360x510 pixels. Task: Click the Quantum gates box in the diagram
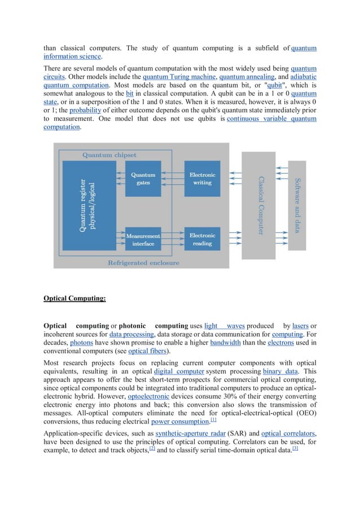(x=143, y=178)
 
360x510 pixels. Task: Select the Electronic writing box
(x=202, y=178)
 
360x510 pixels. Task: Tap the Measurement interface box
(x=143, y=239)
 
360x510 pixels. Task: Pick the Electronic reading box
(x=202, y=239)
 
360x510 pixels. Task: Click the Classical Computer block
(x=259, y=205)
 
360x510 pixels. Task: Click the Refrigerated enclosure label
(x=143, y=263)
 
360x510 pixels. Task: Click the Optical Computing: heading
(x=74, y=298)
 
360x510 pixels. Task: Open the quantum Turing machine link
(x=179, y=77)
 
